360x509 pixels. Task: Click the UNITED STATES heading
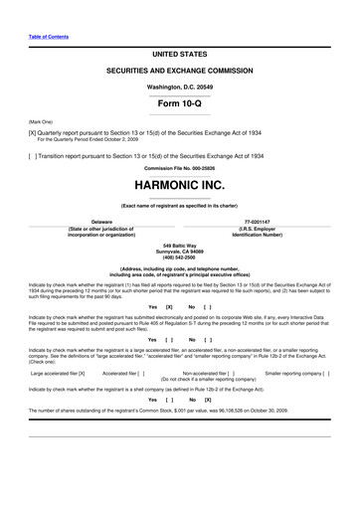coord(179,52)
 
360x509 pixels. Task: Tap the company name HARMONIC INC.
coord(179,185)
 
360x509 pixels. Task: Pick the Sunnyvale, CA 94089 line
coord(179,251)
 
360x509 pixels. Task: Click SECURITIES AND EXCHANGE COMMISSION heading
coord(179,72)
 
